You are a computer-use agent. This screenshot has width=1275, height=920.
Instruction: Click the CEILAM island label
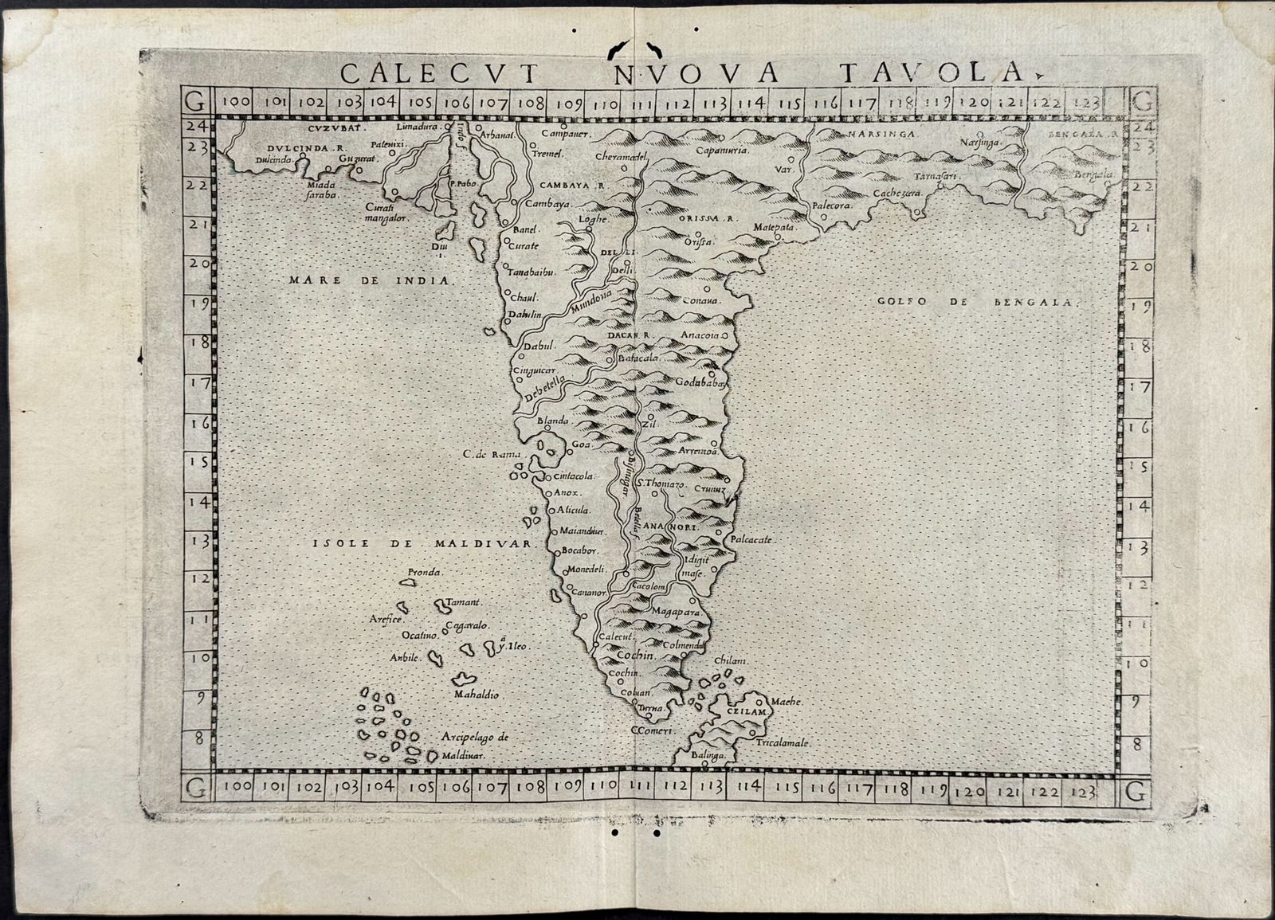tap(746, 709)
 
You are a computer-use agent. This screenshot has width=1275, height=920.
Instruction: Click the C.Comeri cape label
tap(653, 730)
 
